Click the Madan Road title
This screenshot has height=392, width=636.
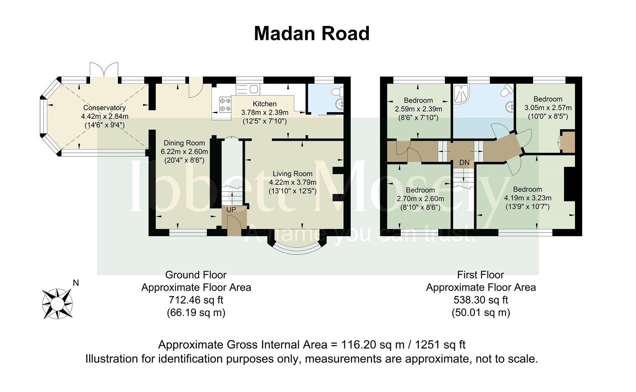312,33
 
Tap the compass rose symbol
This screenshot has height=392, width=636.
57,303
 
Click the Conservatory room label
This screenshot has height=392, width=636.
105,108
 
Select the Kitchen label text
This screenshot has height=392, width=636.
265,104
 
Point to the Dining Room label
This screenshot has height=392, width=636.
184,143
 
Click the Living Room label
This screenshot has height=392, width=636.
293,174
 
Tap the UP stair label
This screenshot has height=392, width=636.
231,210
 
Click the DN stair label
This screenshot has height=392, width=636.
464,163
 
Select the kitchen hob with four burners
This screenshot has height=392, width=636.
225,104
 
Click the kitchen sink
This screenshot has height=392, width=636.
247,89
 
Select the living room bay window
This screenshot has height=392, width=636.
297,246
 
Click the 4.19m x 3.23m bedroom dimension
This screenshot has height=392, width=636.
528,198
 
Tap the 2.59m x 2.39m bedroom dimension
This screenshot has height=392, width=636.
419,109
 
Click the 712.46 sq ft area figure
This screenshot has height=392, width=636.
196,300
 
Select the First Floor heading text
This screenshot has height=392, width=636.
481,275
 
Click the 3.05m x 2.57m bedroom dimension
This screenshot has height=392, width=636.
548,108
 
